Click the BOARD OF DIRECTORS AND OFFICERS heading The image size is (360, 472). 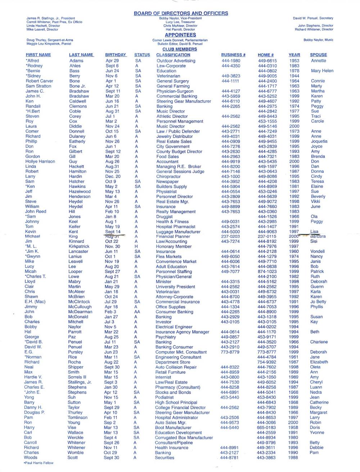pos(181,13)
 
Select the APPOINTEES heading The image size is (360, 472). pos(180,35)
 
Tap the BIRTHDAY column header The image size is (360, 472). pos(116,55)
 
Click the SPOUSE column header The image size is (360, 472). pos(318,55)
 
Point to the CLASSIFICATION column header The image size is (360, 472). pos(173,55)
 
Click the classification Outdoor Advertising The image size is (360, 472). pos(176,61)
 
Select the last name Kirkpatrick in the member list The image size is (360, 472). pos(79,246)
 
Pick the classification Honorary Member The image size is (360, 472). pos(174,246)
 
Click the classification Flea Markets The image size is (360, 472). pos(168,257)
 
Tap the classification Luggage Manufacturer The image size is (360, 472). pos(178,232)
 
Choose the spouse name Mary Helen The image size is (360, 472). pos(322,71)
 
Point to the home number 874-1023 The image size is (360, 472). pos(267,272)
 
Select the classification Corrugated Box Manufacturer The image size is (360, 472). pos(184,438)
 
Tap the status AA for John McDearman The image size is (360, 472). pos(137,312)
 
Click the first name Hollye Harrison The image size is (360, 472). pos(40,162)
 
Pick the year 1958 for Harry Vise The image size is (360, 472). pos(293,428)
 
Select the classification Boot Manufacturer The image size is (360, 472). pos(173,428)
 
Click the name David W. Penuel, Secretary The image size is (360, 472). pos(313,18)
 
